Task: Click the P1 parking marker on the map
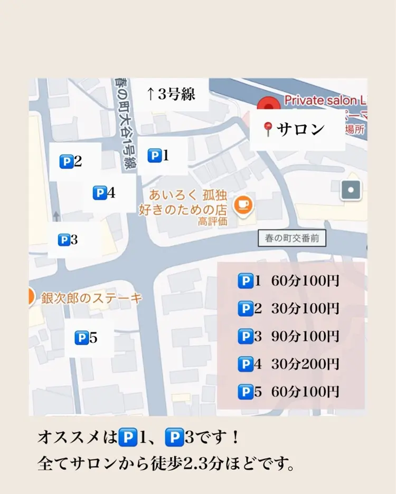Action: point(158,156)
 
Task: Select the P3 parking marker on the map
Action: point(68,240)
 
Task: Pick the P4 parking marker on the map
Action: point(104,193)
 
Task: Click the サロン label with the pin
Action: point(294,129)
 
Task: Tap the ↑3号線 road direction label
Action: point(171,94)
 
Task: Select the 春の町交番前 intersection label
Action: point(292,238)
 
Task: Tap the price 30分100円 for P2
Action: point(305,309)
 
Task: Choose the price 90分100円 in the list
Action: point(305,336)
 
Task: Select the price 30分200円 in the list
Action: point(305,364)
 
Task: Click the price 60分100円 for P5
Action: point(305,392)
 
